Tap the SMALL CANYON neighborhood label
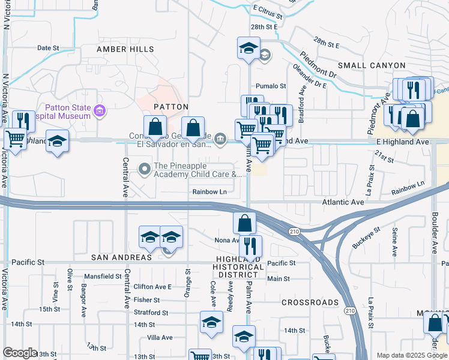372,65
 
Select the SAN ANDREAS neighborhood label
121,257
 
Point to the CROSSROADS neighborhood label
310,303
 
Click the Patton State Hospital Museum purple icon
100,110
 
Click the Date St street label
49,47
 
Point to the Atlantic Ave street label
343,203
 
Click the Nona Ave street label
227,240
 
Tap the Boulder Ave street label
435,232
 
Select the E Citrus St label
268,10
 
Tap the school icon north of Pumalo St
247,49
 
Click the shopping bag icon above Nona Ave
244,223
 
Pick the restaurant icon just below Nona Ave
250,245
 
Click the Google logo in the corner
20,353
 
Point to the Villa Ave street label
160,338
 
